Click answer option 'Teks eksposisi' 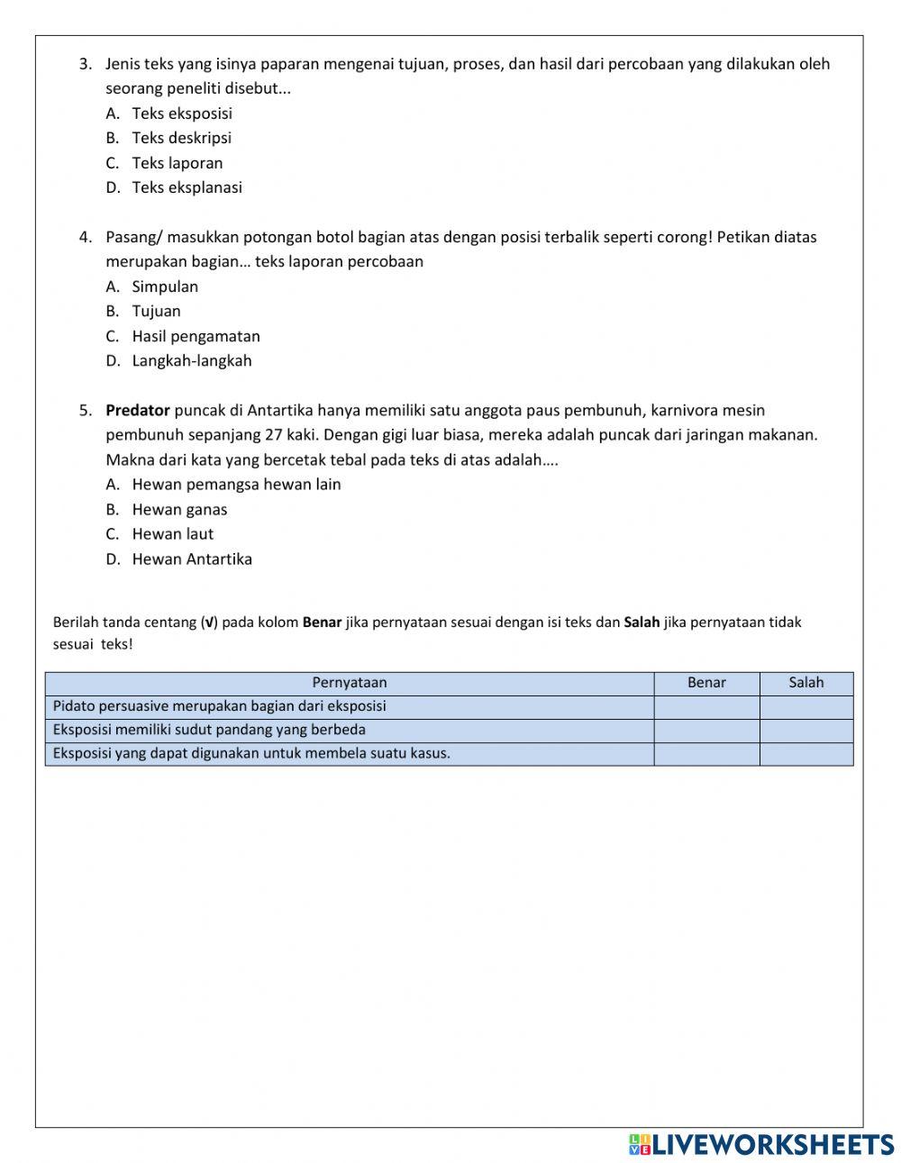(181, 114)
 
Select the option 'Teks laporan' (177, 163)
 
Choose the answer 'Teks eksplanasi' (187, 187)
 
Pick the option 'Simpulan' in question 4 (165, 286)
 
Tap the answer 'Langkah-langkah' (191, 360)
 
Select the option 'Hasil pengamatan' (196, 336)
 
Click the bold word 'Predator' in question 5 (138, 410)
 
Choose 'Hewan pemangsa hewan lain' (236, 484)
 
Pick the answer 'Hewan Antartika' (192, 559)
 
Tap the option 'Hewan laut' (172, 533)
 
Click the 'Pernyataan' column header (350, 683)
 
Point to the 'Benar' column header (706, 683)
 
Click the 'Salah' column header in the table (806, 683)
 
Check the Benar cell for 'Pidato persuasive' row (706, 707)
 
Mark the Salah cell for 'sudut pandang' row (806, 731)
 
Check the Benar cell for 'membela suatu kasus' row (706, 754)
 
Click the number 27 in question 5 (274, 434)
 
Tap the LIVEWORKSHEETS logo (761, 1144)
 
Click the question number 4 (85, 237)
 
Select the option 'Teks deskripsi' (181, 138)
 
